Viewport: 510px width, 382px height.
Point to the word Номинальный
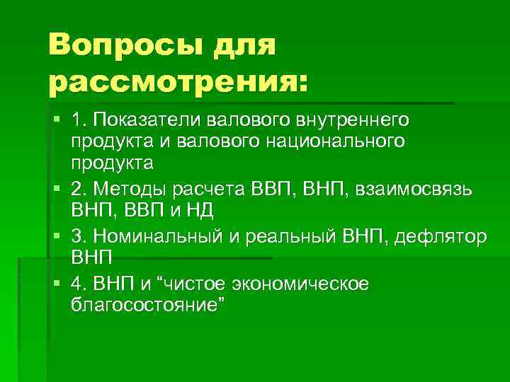point(157,236)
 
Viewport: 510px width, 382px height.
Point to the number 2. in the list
point(79,189)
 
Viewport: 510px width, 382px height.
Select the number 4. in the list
point(79,284)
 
